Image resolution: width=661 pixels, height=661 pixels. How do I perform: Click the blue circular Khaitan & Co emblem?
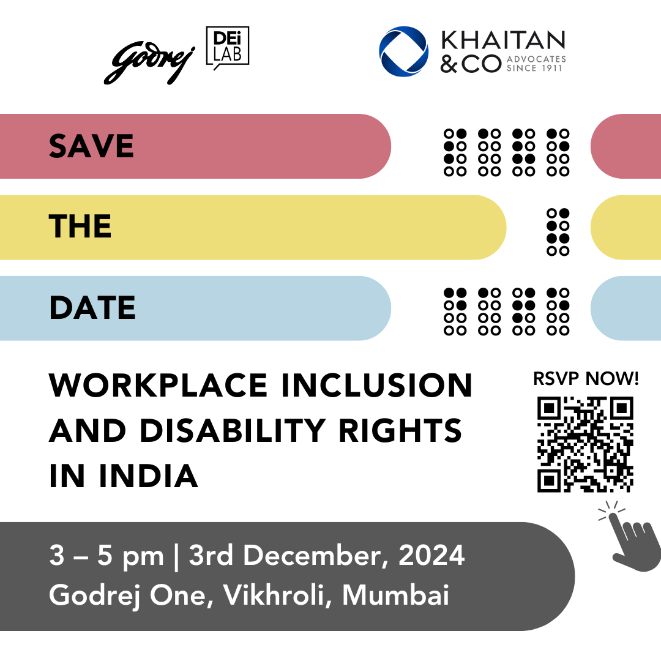click(403, 51)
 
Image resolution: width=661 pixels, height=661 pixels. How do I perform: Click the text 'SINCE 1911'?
click(536, 68)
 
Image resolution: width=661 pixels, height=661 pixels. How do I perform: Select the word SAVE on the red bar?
click(92, 146)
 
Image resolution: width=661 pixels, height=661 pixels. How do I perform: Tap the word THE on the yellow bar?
click(81, 227)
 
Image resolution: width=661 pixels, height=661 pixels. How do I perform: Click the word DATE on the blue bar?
click(92, 308)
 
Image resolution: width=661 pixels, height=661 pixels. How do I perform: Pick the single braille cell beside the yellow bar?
click(558, 232)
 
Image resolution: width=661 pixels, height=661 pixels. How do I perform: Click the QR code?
click(585, 444)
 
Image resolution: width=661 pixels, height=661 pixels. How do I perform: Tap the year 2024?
click(431, 557)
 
